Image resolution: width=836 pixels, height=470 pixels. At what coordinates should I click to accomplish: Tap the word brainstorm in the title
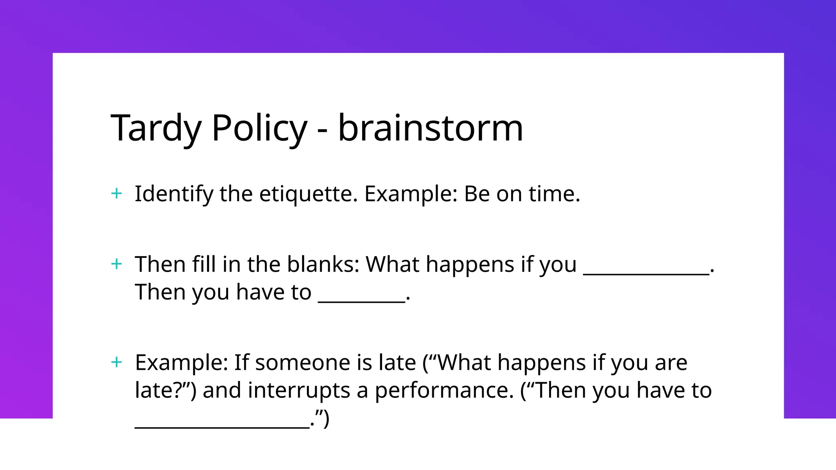430,129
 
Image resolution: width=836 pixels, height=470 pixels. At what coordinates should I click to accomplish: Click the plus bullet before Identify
117,193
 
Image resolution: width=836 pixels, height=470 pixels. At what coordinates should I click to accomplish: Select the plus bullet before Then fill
117,264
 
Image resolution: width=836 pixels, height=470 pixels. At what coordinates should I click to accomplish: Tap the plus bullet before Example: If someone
117,362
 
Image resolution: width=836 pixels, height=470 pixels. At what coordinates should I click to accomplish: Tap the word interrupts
299,390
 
